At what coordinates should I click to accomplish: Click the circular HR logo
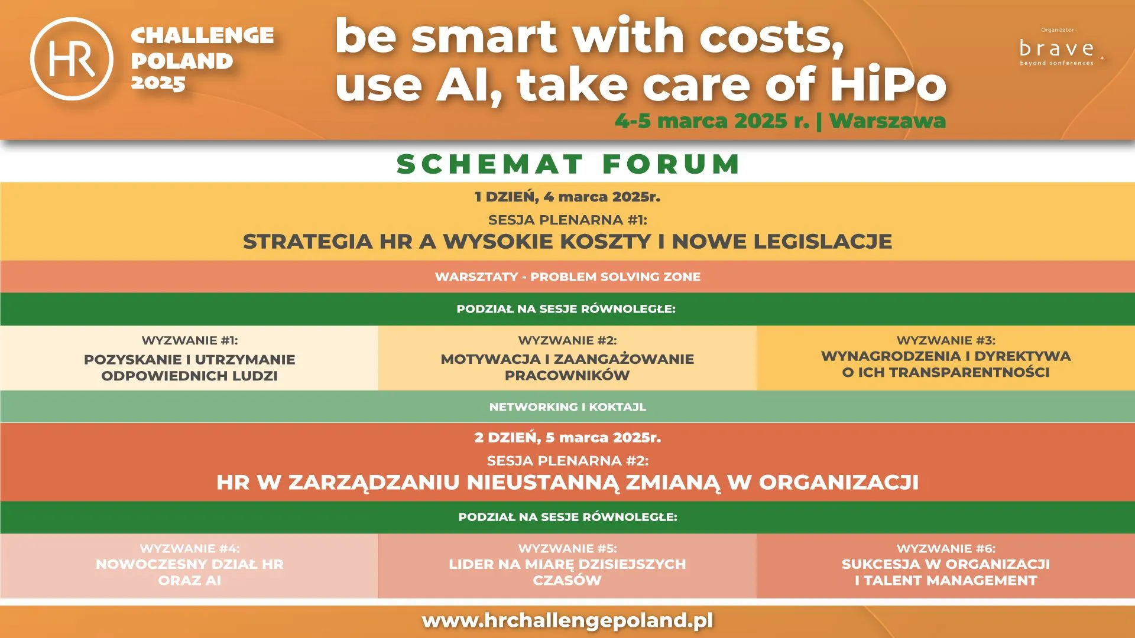click(x=72, y=58)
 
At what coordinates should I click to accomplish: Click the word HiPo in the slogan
click(x=888, y=84)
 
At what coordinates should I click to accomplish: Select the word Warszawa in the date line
click(x=887, y=121)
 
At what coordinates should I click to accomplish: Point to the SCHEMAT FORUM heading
click(x=568, y=164)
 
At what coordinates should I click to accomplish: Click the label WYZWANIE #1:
click(x=190, y=340)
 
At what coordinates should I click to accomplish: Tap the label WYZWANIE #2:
click(x=567, y=340)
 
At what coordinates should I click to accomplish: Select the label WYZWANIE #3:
click(x=946, y=340)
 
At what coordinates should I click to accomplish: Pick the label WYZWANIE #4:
click(x=190, y=548)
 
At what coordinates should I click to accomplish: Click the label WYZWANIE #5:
click(x=567, y=548)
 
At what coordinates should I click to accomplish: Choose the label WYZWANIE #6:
click(x=946, y=548)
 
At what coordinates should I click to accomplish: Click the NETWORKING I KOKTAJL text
click(x=567, y=407)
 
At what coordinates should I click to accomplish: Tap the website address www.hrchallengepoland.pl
click(x=567, y=620)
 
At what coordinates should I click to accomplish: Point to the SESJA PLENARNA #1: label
click(x=567, y=220)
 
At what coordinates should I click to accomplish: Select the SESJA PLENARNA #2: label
click(x=567, y=461)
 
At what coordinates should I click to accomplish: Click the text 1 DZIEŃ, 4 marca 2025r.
click(x=567, y=197)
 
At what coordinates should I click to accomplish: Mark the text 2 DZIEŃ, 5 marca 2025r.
click(x=567, y=438)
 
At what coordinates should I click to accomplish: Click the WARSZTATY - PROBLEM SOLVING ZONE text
click(x=567, y=276)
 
